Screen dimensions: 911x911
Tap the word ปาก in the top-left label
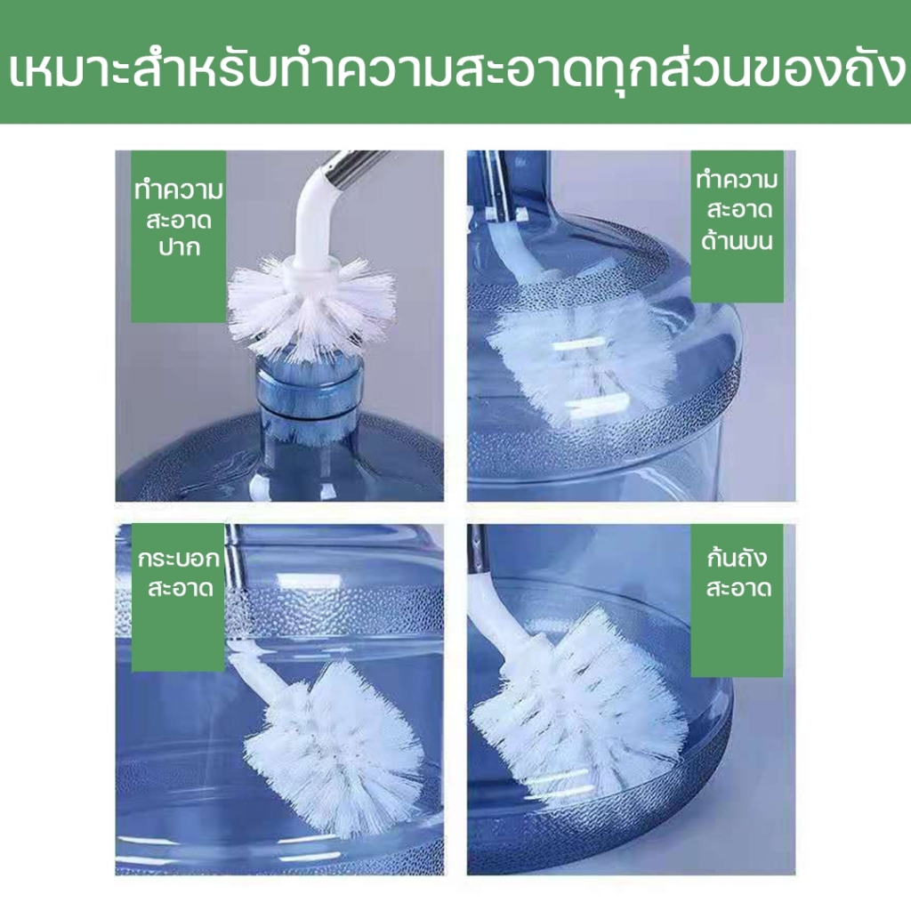pos(180,248)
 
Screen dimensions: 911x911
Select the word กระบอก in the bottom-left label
pos(179,559)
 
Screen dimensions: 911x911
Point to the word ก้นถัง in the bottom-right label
pos(738,557)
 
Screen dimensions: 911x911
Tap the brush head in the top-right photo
pos(581,354)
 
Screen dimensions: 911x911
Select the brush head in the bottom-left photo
pos(335,749)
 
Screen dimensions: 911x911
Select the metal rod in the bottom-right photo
pos(478,549)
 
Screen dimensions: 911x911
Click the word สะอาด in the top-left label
pos(179,220)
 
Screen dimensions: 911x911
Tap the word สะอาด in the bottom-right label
pos(738,588)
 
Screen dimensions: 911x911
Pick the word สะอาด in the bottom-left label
pos(181,588)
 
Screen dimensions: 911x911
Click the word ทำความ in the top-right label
pos(737,180)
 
